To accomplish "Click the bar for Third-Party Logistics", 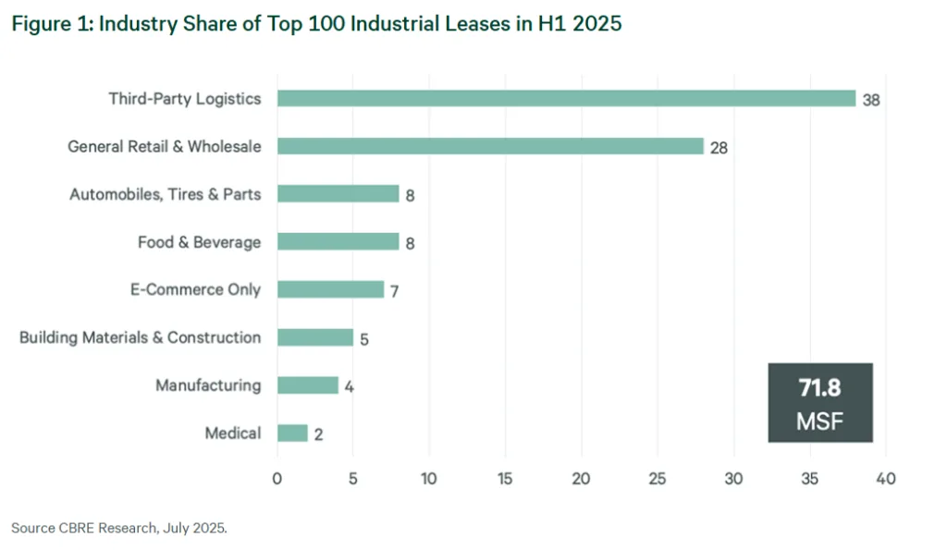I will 566,98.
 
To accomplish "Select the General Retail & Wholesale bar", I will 490,146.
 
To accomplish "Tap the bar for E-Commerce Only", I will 330,289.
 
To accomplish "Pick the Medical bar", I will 292,433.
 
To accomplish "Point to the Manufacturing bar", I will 307,385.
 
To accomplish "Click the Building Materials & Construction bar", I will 314,337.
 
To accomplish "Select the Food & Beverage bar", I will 338,241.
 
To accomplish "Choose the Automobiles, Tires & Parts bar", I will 338,194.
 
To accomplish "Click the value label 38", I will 870,100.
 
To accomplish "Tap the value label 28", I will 719,148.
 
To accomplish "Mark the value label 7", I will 394,291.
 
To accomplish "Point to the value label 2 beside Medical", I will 318,434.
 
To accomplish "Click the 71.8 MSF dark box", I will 820,404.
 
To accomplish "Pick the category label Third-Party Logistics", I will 185,98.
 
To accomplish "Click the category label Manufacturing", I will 208,385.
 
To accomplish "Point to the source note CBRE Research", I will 118,528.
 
